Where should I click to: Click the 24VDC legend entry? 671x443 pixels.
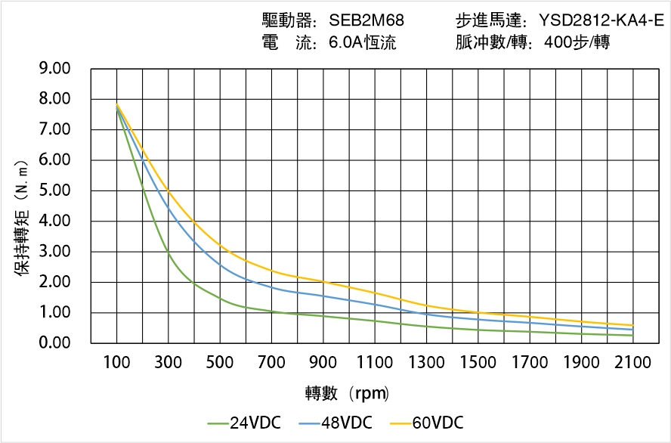click(244, 423)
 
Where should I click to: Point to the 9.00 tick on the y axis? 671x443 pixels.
click(54, 69)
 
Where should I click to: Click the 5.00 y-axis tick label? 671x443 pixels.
click(54, 191)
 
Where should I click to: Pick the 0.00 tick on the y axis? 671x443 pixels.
click(54, 343)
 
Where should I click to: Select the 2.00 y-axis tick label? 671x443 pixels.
click(54, 282)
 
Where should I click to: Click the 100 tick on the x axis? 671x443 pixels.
click(116, 363)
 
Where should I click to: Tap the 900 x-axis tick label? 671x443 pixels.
click(323, 363)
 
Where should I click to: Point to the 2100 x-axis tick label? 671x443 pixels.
click(633, 363)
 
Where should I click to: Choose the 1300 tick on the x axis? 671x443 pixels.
click(427, 363)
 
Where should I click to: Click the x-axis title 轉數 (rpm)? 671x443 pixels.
click(347, 394)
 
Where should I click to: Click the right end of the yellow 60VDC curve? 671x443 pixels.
click(632, 325)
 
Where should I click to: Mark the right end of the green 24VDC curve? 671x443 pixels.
click(632, 336)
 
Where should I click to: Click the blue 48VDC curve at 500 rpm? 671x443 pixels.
click(220, 264)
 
